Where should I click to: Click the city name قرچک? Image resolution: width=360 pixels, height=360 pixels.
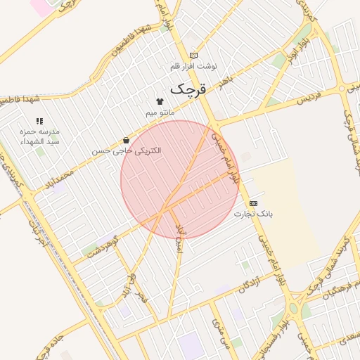coord(189,89)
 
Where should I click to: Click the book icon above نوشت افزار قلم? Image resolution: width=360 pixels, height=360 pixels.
coord(193,56)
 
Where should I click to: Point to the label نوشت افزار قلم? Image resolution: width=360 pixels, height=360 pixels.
coord(194,66)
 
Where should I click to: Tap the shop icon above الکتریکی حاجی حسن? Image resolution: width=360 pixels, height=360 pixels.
coord(126,140)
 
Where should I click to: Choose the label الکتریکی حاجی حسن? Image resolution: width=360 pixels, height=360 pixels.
coord(127,150)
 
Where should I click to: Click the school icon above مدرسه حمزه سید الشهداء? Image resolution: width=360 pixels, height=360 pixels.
coord(39,122)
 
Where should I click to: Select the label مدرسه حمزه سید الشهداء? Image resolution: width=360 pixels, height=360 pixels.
coord(41,137)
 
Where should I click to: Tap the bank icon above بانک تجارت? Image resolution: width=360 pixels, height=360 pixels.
coord(253,202)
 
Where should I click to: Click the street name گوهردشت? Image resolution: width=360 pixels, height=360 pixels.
coord(103,247)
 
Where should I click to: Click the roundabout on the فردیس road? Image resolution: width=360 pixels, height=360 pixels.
coord(342,89)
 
